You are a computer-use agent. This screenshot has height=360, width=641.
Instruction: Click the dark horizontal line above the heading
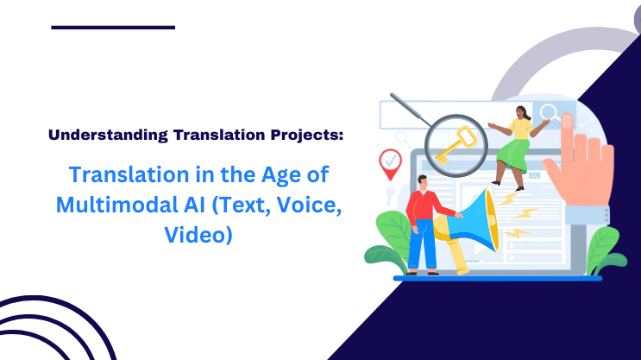point(113,28)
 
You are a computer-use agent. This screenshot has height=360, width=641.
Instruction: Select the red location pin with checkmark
point(391,163)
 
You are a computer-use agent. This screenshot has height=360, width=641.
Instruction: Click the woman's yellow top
point(520,128)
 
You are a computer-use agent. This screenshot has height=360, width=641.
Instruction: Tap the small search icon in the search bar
point(547,111)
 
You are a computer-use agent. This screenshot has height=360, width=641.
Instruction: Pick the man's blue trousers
point(422,246)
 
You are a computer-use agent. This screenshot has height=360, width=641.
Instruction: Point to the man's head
point(421,182)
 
